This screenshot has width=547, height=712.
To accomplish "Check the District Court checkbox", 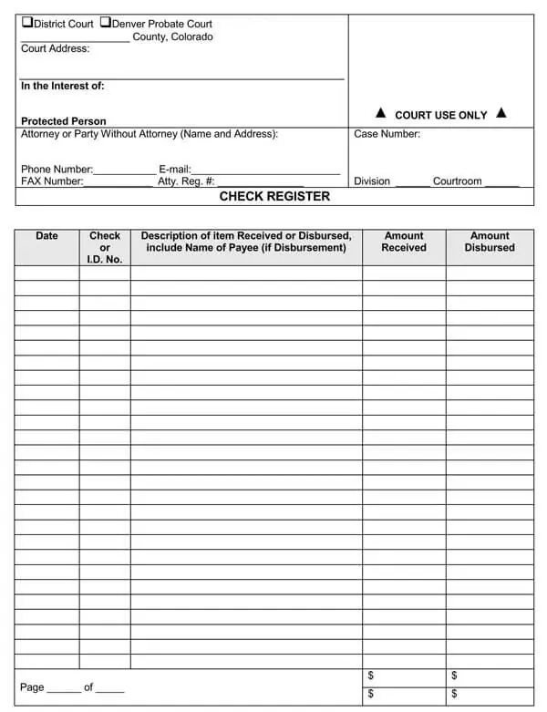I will click(26, 23).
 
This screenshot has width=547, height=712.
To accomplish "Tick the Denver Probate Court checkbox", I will click(105, 23).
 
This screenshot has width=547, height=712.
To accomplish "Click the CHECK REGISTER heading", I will click(274, 196).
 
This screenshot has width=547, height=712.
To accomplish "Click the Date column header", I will click(46, 236).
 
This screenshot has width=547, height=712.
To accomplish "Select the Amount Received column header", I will click(404, 242).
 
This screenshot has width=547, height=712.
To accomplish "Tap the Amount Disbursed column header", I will click(490, 242).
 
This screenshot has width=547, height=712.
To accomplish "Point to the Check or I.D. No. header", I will click(105, 247).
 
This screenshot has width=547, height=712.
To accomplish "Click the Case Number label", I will click(387, 134).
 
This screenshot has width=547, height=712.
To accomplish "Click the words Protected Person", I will click(63, 121).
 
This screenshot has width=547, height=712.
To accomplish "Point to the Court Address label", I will click(55, 48).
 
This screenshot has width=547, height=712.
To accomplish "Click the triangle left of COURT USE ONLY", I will click(381, 114).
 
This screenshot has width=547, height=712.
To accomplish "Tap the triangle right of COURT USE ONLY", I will click(501, 114).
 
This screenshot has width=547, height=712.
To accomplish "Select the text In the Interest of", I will click(62, 87).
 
